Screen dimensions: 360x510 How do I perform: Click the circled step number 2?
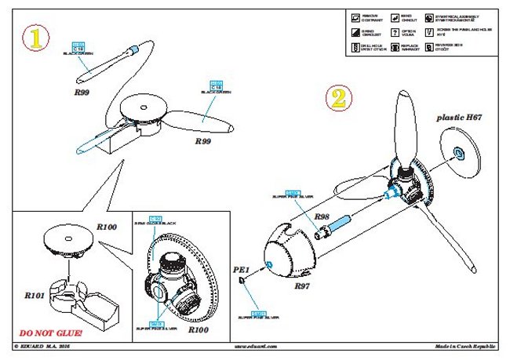pos(337,97)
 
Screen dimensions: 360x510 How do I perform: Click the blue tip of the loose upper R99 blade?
pos(133,51)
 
